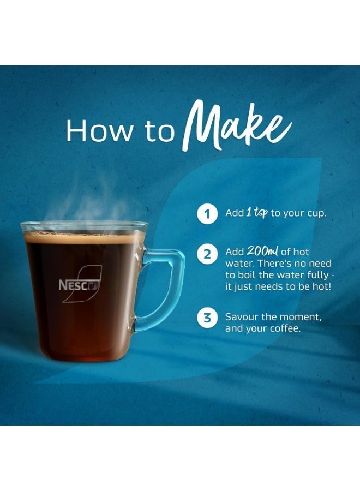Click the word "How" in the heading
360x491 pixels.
coord(93,131)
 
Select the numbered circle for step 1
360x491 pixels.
coord(207,214)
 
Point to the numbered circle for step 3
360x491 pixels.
coord(207,319)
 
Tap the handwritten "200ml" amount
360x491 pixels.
coord(263,252)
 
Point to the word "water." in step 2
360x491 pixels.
coord(238,264)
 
